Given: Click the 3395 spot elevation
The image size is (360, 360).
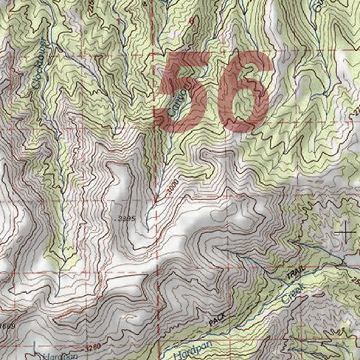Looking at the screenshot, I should tap(126, 219).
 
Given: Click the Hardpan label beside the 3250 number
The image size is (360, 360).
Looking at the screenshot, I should tap(56, 356).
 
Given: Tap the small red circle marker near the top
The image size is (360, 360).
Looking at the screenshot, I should tap(192, 21).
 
